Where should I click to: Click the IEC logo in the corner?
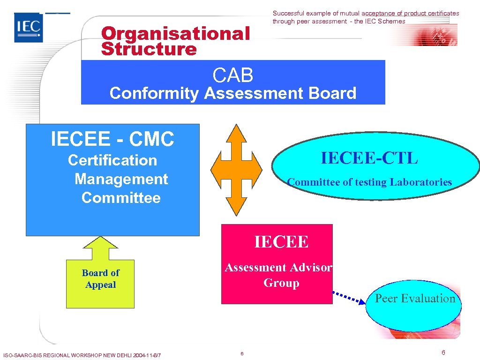(x=29, y=28)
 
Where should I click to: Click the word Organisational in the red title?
(x=176, y=34)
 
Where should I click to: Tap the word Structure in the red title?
(x=149, y=49)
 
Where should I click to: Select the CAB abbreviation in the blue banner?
(x=233, y=75)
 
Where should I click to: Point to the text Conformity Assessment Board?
(x=233, y=93)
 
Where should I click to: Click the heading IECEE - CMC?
(x=112, y=139)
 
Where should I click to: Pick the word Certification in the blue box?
(x=112, y=160)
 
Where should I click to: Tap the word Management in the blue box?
(x=121, y=179)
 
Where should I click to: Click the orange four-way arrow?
(x=236, y=169)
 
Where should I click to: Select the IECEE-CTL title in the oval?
(x=369, y=158)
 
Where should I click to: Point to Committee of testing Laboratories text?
(x=369, y=182)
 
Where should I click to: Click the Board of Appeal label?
(x=100, y=279)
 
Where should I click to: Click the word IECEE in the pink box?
(x=281, y=242)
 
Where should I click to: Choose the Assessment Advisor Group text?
(x=279, y=275)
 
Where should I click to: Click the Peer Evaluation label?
(x=415, y=299)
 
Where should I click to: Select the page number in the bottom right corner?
(x=443, y=352)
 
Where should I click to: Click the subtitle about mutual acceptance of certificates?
(x=366, y=17)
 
